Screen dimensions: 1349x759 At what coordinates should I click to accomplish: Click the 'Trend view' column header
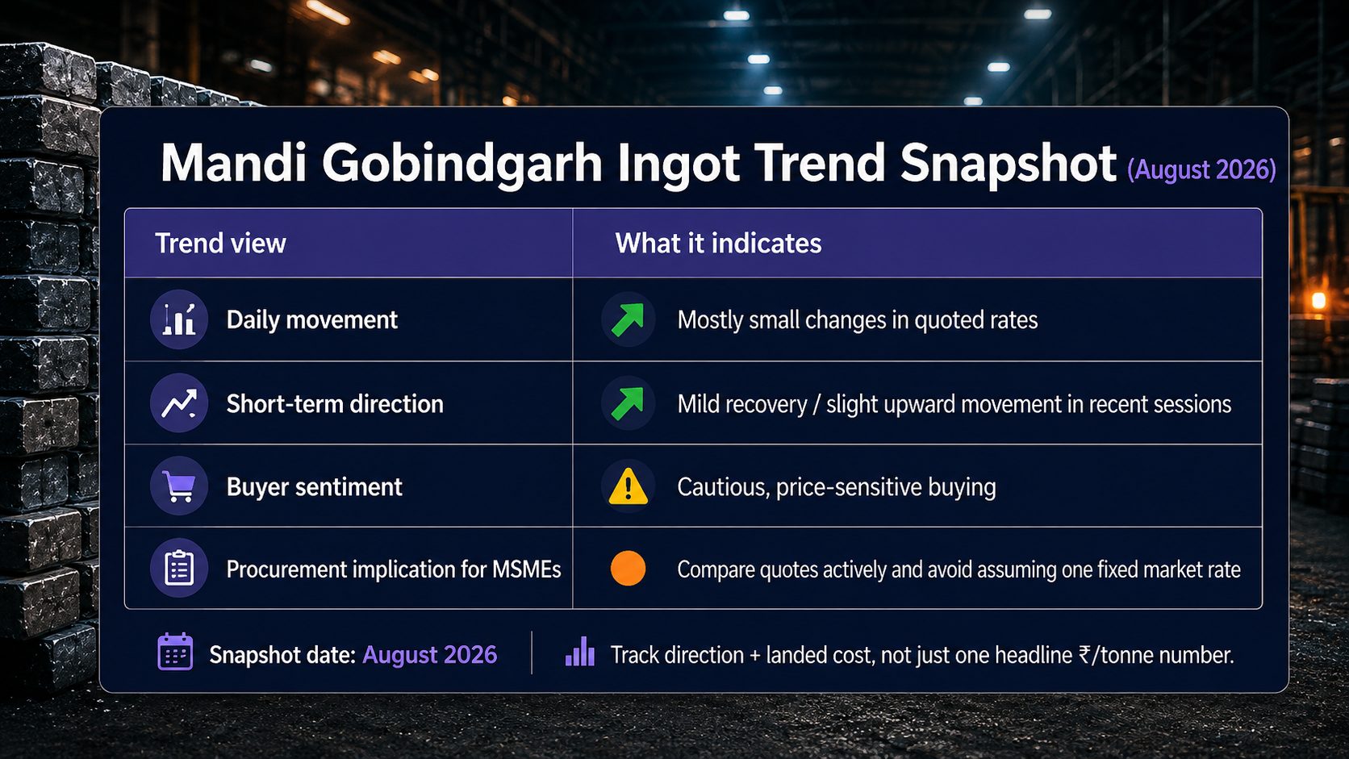click(x=220, y=244)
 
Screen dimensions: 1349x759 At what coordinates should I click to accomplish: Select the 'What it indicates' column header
click(x=718, y=244)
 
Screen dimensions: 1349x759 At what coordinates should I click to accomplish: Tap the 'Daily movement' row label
click(x=312, y=319)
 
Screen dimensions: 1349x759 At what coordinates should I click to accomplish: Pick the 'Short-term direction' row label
click(x=335, y=404)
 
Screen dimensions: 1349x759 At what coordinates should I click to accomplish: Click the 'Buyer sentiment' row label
click(x=315, y=487)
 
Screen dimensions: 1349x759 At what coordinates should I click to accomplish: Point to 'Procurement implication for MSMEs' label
click(x=394, y=569)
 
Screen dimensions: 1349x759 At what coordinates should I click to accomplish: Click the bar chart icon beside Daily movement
click(x=179, y=319)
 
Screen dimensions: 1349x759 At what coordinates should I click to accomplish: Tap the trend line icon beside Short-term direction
click(x=179, y=403)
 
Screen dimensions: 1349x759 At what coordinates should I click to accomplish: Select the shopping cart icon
click(x=179, y=486)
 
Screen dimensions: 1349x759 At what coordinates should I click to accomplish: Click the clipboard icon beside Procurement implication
click(x=179, y=568)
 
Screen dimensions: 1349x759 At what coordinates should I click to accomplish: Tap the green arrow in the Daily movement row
click(x=628, y=319)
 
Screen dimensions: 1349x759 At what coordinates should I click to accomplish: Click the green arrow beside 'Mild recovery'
click(x=628, y=403)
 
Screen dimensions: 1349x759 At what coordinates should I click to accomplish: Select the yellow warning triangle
click(x=629, y=486)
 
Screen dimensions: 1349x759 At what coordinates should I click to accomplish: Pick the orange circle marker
click(x=629, y=568)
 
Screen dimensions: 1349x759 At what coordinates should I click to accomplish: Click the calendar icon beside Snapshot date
click(x=175, y=652)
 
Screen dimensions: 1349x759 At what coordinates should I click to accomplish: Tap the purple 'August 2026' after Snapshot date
click(x=430, y=655)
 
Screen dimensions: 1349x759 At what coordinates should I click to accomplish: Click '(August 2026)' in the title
click(x=1201, y=169)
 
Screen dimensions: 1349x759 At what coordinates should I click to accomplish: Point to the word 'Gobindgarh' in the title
click(x=462, y=163)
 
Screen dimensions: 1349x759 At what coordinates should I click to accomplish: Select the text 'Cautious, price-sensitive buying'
click(x=837, y=487)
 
